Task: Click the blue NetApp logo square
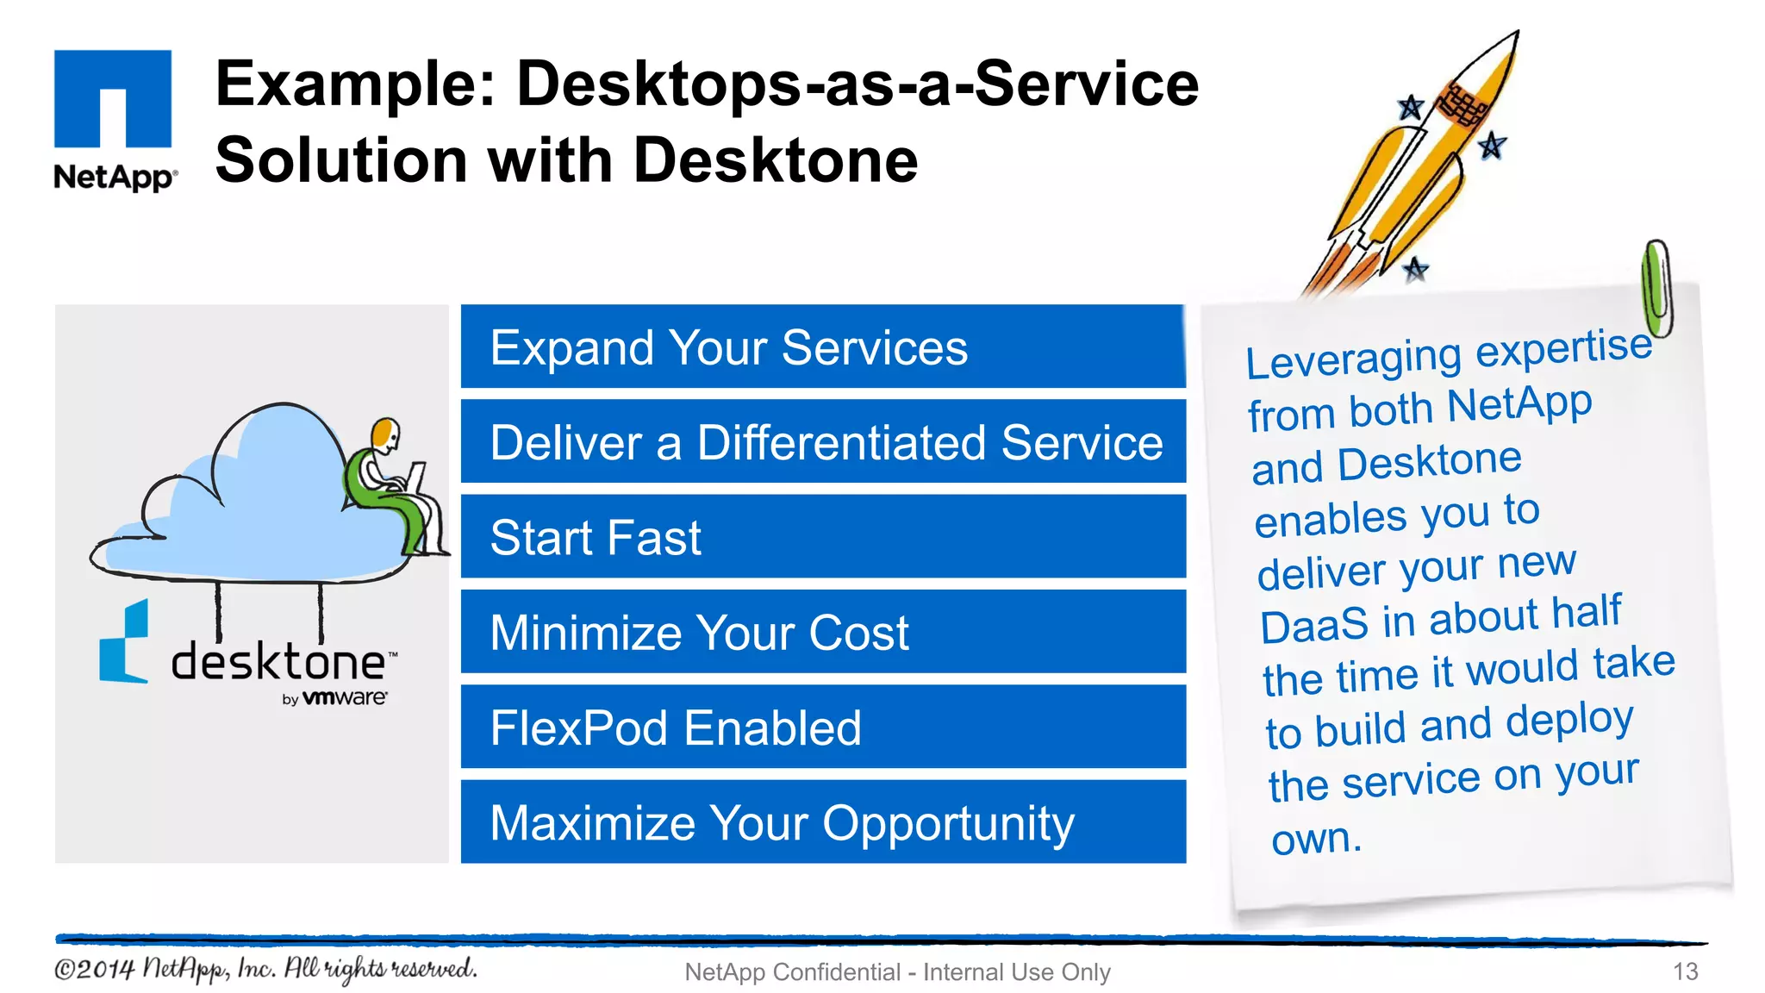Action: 113,98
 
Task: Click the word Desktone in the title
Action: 776,161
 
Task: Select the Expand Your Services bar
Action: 822,347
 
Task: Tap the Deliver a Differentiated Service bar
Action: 822,442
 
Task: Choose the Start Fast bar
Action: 822,537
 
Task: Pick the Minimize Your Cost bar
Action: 822,632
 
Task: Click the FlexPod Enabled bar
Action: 822,727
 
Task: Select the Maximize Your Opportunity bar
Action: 822,821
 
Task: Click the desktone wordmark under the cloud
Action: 278,662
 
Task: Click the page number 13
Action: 1685,971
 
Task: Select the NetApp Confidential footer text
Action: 897,971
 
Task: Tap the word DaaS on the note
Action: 1313,624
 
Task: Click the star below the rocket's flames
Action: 1415,270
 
